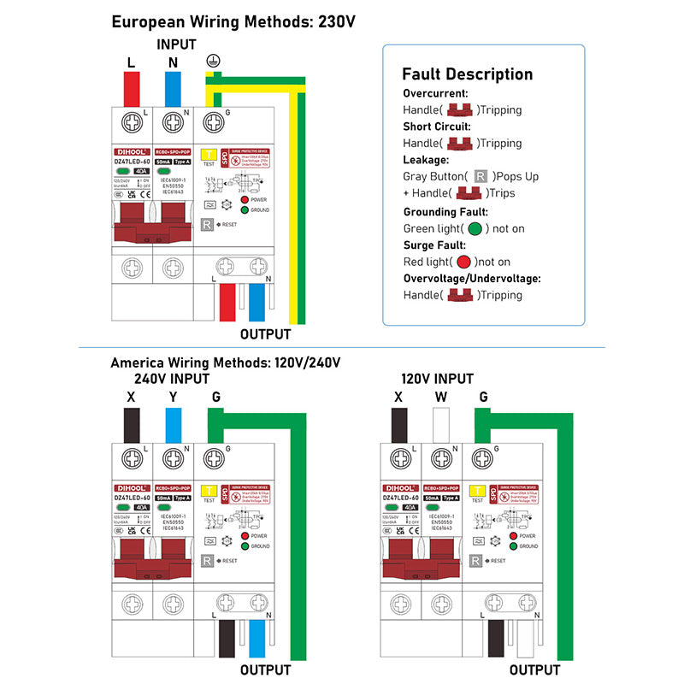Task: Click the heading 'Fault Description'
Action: tap(467, 74)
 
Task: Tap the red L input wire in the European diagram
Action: tap(132, 88)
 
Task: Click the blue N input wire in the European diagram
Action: tap(173, 88)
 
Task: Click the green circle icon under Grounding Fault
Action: tap(475, 228)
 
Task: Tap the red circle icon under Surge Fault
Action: tap(463, 262)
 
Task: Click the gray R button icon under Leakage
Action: tap(481, 176)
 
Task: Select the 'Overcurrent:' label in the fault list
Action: tap(435, 93)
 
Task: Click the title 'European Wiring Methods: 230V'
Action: tap(233, 21)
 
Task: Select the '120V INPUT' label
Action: tap(437, 379)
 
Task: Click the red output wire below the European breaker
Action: tap(228, 303)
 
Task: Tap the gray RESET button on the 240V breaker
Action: tap(207, 561)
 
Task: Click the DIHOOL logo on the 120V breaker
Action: tap(398, 487)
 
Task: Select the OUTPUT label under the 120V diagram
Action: tap(534, 669)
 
